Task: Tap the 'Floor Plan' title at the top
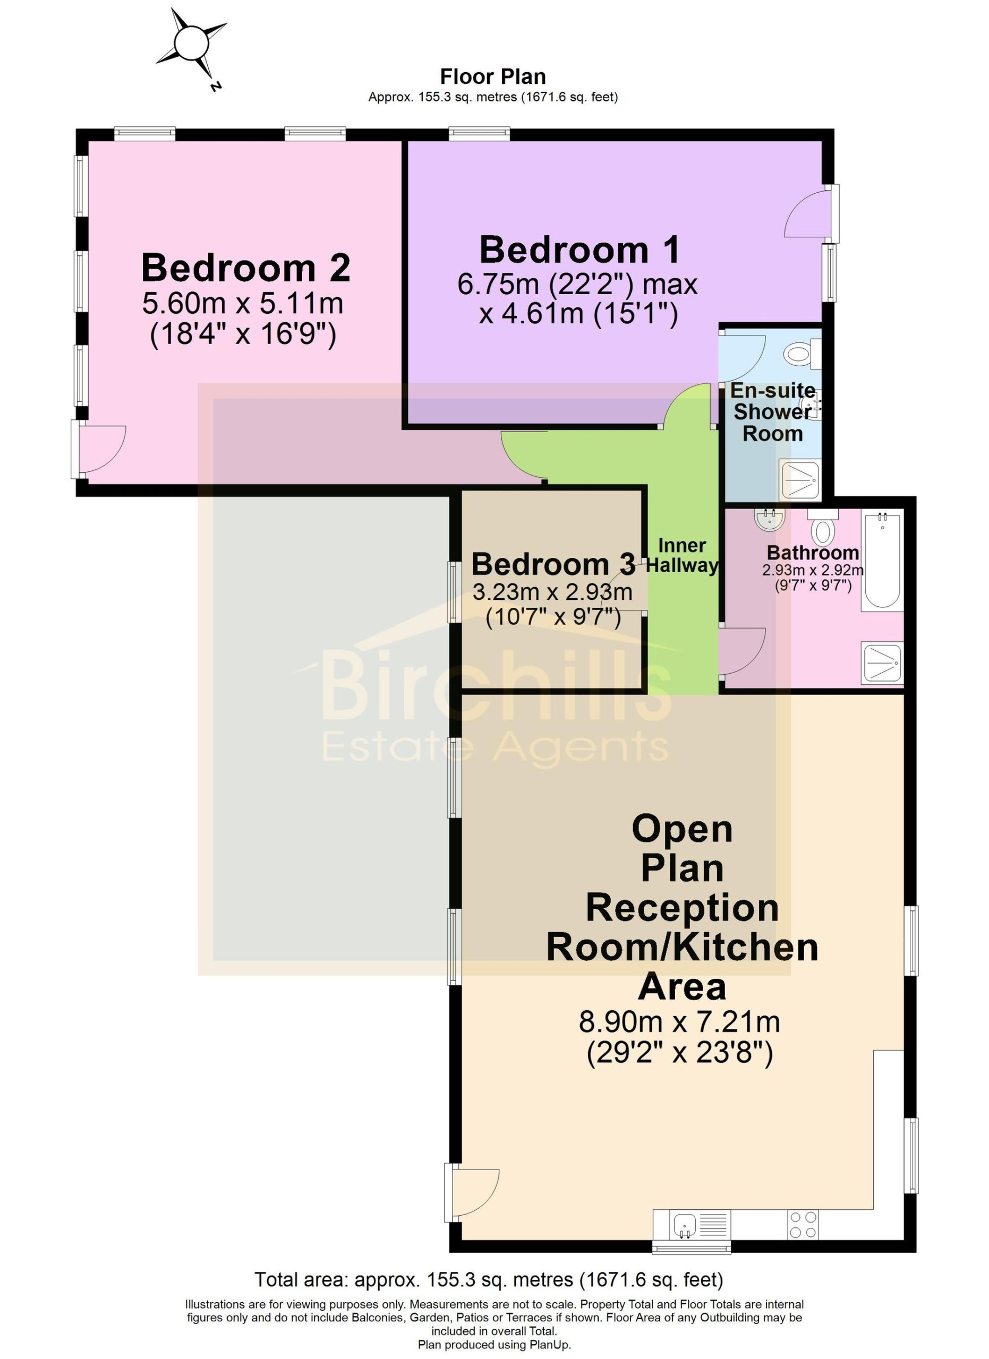click(x=493, y=76)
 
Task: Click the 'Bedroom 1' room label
click(x=579, y=250)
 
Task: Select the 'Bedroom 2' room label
click(x=246, y=268)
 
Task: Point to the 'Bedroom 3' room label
click(x=552, y=564)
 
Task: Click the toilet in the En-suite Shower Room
click(x=803, y=354)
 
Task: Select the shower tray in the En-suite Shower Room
click(x=799, y=480)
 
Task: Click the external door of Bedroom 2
click(x=98, y=449)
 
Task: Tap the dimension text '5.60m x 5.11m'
click(x=243, y=303)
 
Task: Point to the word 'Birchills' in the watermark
click(x=496, y=686)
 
